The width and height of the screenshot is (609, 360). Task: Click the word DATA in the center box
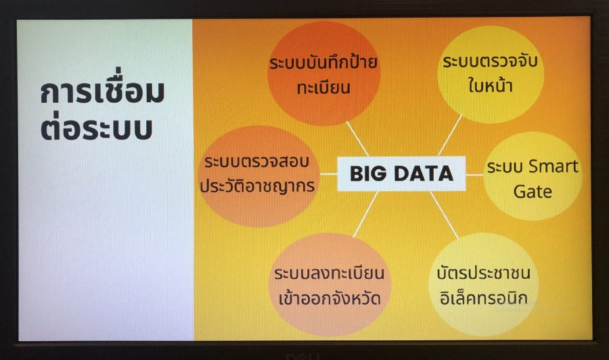(x=424, y=174)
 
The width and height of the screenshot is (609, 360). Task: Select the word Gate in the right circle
(x=533, y=192)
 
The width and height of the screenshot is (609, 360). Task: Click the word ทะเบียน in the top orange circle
(x=323, y=88)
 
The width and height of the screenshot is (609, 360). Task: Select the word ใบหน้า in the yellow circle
(x=490, y=85)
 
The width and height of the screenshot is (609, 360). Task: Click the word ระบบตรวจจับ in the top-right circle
(x=490, y=62)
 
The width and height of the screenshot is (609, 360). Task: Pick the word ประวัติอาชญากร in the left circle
(x=258, y=185)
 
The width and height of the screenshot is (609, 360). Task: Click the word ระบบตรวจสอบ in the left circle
(x=256, y=162)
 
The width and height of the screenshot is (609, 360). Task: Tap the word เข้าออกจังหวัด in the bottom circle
(x=330, y=298)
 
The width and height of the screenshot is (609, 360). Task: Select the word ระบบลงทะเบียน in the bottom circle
(x=330, y=273)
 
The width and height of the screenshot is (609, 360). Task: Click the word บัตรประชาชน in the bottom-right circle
(x=484, y=272)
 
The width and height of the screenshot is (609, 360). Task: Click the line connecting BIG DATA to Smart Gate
(x=474, y=175)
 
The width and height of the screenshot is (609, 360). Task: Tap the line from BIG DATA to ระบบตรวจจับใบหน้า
(x=450, y=135)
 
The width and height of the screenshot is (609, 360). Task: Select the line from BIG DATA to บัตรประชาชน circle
(x=445, y=215)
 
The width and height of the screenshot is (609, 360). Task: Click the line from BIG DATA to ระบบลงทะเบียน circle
(x=365, y=214)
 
